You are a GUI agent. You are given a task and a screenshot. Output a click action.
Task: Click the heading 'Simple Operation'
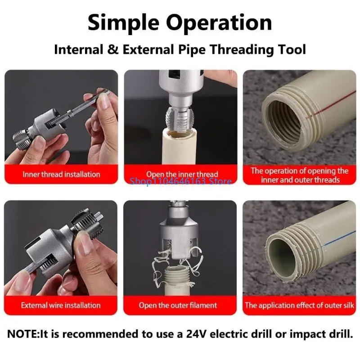[180, 22]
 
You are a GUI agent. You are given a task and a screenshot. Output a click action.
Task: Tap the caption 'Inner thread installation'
[61, 174]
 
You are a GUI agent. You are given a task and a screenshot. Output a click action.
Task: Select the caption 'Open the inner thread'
[182, 174]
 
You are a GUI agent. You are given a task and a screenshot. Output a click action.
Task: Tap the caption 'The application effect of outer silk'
[299, 305]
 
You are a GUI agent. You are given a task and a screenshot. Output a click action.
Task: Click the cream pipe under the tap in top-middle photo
[180, 148]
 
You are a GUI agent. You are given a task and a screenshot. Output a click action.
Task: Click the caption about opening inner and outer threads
[299, 175]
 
